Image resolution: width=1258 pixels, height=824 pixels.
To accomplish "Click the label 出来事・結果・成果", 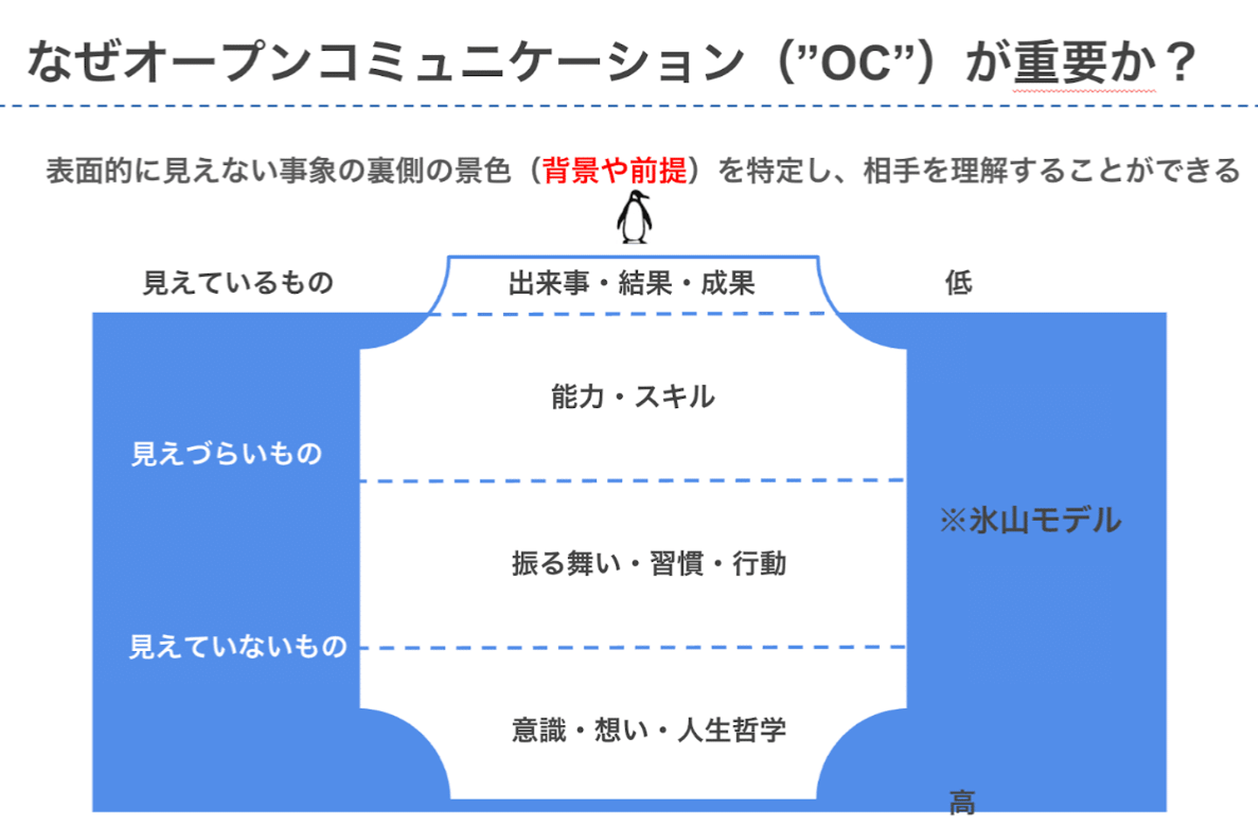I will tap(632, 283).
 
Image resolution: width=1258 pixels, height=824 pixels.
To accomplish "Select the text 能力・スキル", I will tap(632, 397).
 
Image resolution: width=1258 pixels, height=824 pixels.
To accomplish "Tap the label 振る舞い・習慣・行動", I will tap(648, 564).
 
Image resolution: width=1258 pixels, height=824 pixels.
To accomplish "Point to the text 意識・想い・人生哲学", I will tap(648, 730).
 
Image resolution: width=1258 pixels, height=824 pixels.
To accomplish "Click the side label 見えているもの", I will tap(238, 283).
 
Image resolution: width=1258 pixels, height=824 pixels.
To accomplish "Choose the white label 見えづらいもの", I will tap(226, 454).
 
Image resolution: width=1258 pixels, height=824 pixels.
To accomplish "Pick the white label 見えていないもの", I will tap(238, 647).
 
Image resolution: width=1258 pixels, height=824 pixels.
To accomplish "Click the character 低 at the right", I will tap(958, 283).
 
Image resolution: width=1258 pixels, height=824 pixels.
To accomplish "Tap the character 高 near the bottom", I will tap(962, 802).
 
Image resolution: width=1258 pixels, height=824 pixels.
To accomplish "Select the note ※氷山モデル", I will tap(1030, 521).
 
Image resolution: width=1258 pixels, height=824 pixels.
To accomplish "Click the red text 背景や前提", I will tap(614, 170).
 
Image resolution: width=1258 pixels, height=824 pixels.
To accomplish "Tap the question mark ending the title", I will tap(1180, 63).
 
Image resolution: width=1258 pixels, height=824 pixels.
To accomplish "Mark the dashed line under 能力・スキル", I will tap(632, 481).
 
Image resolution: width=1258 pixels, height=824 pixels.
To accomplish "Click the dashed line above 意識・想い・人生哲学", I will tap(632, 647).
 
